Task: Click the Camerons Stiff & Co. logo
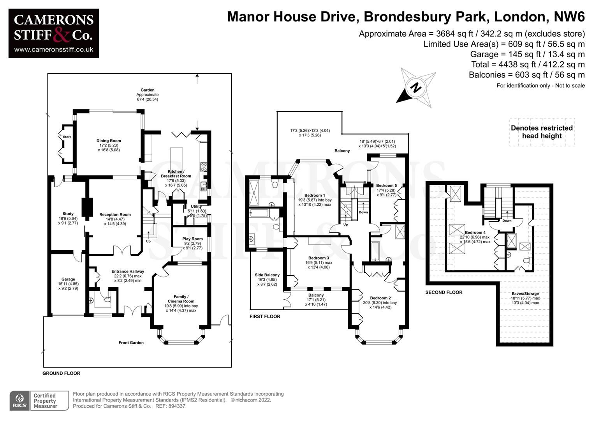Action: click(x=54, y=34)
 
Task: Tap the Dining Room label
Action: click(x=109, y=141)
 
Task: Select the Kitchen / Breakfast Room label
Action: click(x=176, y=174)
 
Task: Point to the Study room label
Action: click(x=68, y=214)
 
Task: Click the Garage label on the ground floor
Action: click(x=68, y=279)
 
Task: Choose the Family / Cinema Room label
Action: click(x=181, y=299)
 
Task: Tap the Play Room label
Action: click(x=192, y=239)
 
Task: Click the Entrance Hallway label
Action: click(x=128, y=271)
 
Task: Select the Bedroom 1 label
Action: click(x=314, y=195)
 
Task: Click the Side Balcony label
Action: click(x=267, y=275)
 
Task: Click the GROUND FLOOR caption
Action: click(x=61, y=373)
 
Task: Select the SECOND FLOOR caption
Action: click(x=444, y=292)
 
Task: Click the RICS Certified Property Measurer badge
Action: click(x=39, y=401)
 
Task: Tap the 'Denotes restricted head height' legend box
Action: click(x=542, y=132)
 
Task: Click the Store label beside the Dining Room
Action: click(x=67, y=137)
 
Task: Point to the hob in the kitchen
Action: click(x=204, y=167)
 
